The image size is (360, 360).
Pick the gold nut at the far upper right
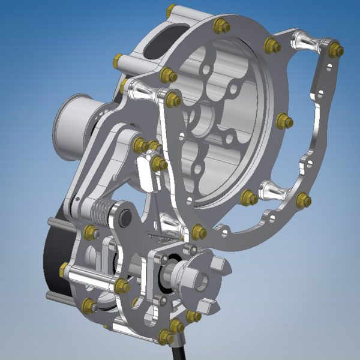point(335,50)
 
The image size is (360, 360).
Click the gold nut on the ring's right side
point(285,121)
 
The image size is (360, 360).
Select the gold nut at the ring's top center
point(221,25)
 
